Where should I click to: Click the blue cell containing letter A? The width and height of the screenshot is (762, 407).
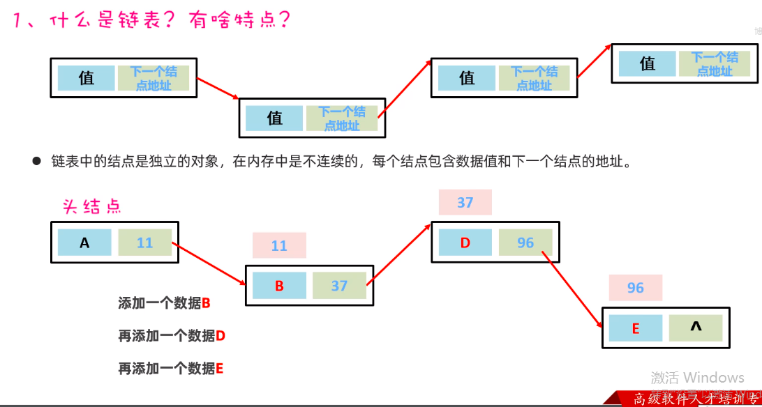[x=84, y=243]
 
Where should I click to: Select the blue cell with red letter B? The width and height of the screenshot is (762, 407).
[x=279, y=286]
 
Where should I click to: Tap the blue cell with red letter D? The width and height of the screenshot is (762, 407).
[x=465, y=243]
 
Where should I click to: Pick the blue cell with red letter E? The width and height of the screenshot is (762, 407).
[x=635, y=328]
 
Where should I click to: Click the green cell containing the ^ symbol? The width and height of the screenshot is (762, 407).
[x=696, y=328]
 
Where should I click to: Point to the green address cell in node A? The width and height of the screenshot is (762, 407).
[x=145, y=243]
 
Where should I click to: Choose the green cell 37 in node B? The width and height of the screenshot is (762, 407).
[x=339, y=286]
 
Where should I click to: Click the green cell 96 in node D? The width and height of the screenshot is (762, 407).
[x=525, y=243]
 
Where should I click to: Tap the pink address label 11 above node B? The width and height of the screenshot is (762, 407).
[x=279, y=245]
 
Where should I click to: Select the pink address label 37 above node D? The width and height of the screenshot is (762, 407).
[x=465, y=202]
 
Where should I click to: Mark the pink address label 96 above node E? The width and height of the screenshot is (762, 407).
[x=635, y=288]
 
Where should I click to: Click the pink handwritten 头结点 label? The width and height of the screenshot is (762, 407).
[x=92, y=206]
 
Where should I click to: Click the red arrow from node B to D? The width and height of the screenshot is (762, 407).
[x=400, y=254]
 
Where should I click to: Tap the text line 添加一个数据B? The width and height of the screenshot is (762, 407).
[x=164, y=303]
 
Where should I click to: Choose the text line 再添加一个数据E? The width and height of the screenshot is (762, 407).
[x=171, y=369]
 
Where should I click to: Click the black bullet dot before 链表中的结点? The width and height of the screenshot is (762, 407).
[x=37, y=162]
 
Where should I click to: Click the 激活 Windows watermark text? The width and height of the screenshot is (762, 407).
[x=698, y=378]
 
